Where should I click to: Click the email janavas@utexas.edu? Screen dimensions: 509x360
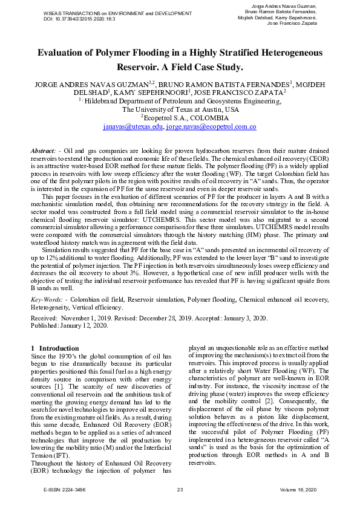coord(133,128)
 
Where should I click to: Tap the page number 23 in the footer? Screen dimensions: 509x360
coord(180,490)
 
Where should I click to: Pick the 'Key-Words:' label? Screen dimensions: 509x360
coord(47,300)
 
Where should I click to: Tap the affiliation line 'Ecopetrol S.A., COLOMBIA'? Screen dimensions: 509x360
coord(182,118)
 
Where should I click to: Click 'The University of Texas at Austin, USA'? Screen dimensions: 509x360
coord(180,110)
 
